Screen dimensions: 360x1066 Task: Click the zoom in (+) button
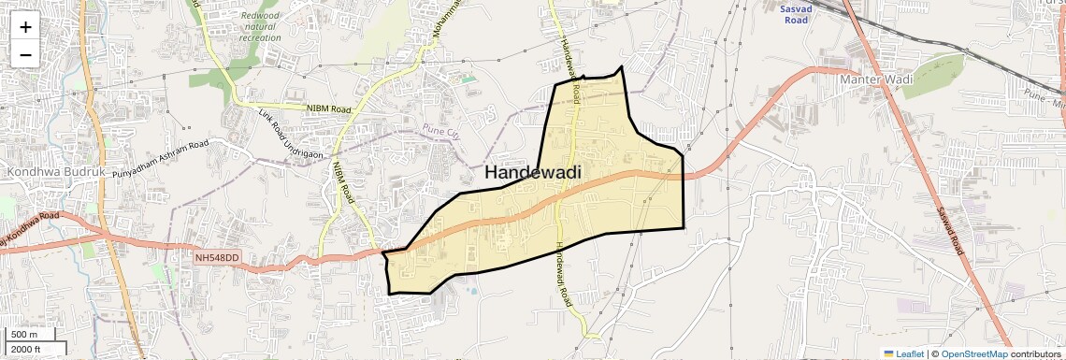pyautogui.click(x=25, y=27)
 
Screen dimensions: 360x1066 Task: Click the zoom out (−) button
pyautogui.click(x=25, y=55)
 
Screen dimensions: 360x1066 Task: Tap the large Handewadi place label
pyautogui.click(x=533, y=172)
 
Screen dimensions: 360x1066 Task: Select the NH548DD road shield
pyautogui.click(x=218, y=256)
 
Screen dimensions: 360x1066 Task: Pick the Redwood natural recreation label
pyautogui.click(x=260, y=26)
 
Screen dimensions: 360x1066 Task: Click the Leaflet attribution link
pyautogui.click(x=902, y=353)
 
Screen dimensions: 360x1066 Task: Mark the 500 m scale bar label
pyautogui.click(x=24, y=335)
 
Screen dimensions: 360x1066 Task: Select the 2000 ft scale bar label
pyautogui.click(x=26, y=349)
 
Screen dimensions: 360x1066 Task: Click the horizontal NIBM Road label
pyautogui.click(x=328, y=108)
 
